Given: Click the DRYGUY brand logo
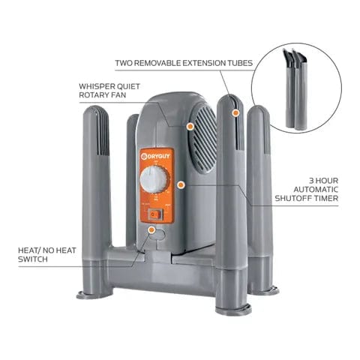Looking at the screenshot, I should pyautogui.click(x=156, y=156).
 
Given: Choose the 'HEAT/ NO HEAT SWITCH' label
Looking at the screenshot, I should pyautogui.click(x=44, y=253).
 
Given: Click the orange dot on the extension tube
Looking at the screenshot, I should pyautogui.click(x=235, y=112).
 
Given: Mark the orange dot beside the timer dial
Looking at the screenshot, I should pyautogui.click(x=181, y=183).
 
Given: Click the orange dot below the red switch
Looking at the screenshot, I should pyautogui.click(x=152, y=230).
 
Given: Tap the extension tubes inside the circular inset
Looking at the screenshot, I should pyautogui.click(x=295, y=88).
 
